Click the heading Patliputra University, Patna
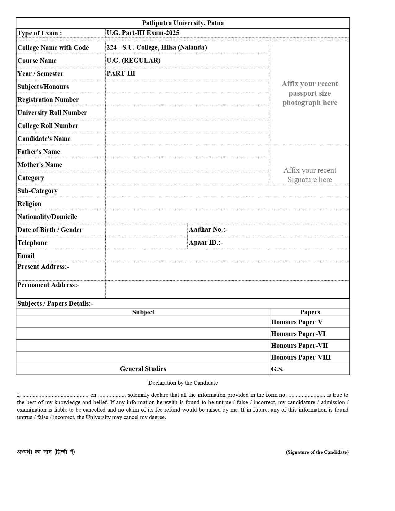(x=183, y=23)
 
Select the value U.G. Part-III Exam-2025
(x=143, y=33)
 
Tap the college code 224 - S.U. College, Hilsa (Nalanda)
(x=157, y=47)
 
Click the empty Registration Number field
(x=187, y=100)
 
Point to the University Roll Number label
(x=52, y=113)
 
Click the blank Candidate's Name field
(x=187, y=139)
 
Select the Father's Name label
(x=39, y=152)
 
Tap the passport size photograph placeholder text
(x=309, y=93)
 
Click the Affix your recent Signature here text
(x=309, y=175)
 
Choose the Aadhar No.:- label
(x=208, y=229)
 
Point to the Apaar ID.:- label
(x=206, y=242)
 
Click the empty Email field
(x=227, y=256)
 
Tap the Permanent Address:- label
(x=48, y=285)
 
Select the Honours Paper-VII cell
(x=299, y=346)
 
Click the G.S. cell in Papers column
(x=277, y=369)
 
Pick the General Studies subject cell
(x=143, y=369)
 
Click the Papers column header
(x=310, y=312)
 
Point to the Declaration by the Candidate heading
(x=183, y=383)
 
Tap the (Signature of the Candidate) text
(x=317, y=452)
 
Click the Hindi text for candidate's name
(x=46, y=452)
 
